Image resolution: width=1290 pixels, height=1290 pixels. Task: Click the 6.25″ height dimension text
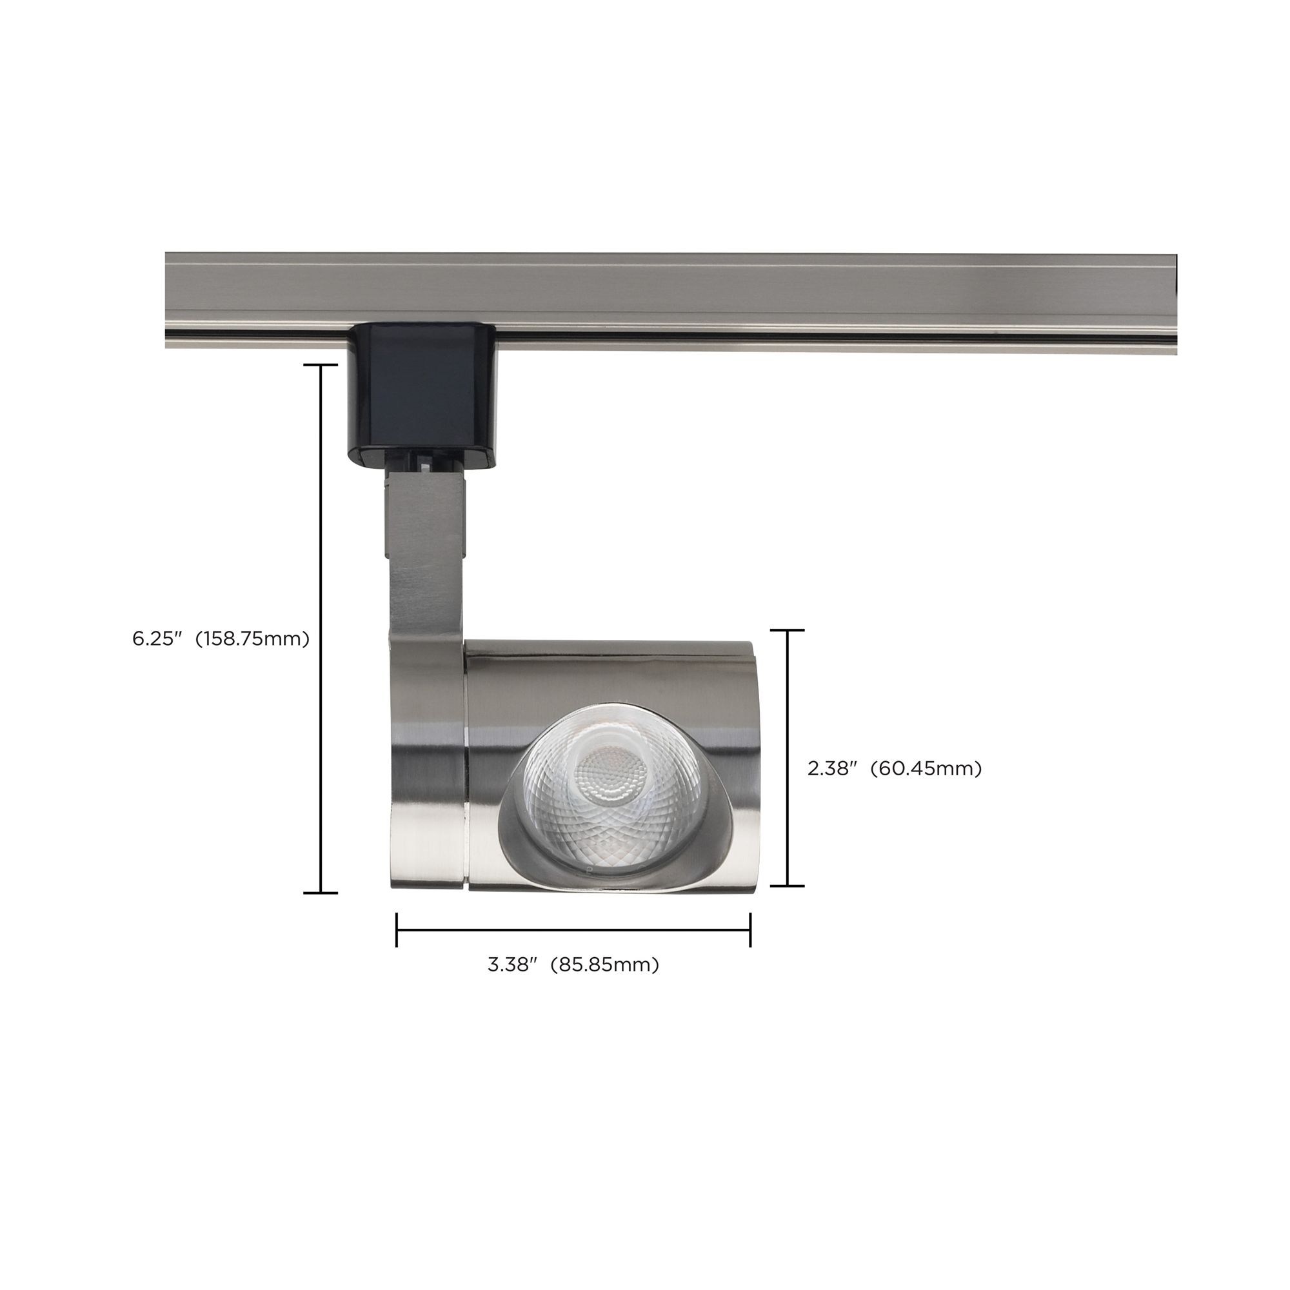[157, 639]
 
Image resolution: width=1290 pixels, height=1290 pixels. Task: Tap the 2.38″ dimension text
[831, 769]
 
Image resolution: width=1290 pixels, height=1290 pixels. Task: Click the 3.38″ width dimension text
[512, 965]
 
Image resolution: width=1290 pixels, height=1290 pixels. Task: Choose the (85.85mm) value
[604, 965]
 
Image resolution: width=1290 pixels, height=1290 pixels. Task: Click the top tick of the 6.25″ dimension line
[321, 365]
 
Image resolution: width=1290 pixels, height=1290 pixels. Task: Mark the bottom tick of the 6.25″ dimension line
[321, 892]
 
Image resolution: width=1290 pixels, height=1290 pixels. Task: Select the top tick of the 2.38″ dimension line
[788, 630]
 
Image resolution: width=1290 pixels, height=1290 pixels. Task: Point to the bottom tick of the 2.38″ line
[788, 886]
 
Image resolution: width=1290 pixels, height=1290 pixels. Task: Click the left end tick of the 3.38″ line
[397, 929]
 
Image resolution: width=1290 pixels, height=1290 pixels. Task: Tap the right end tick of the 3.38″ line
[751, 929]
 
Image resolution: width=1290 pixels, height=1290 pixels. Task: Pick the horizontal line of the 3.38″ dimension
[574, 929]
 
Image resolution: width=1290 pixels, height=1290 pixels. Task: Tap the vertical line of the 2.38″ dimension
[788, 701]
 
